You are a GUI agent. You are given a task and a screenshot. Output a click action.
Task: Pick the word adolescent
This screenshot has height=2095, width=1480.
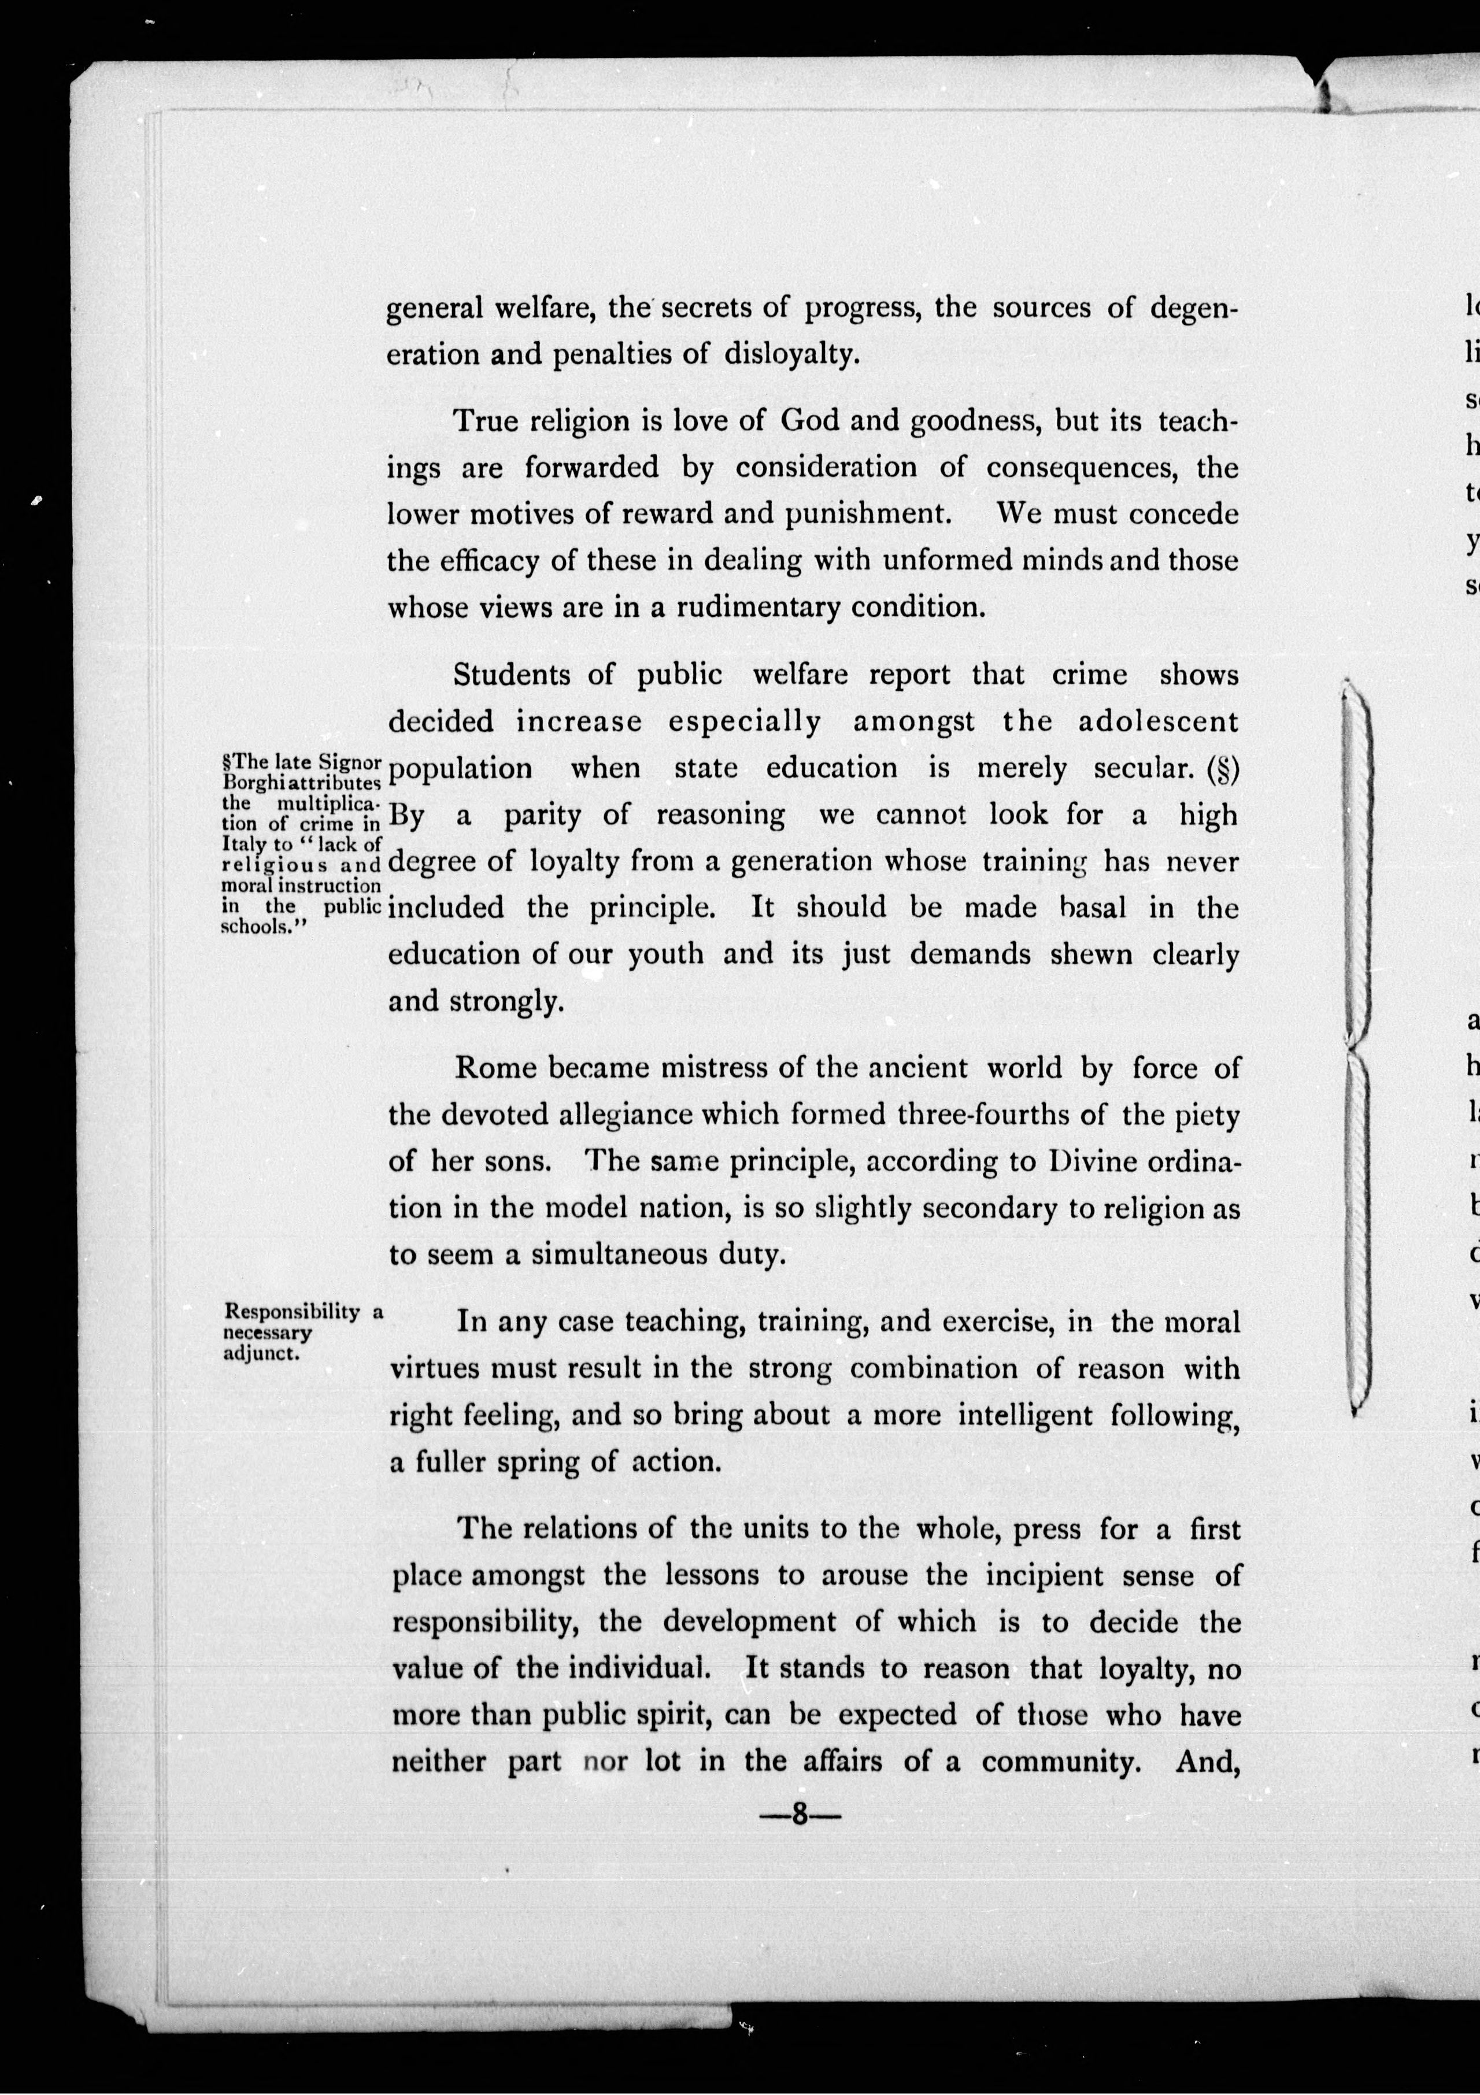[1158, 722]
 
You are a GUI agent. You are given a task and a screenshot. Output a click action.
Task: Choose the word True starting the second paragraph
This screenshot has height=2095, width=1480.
[486, 421]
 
